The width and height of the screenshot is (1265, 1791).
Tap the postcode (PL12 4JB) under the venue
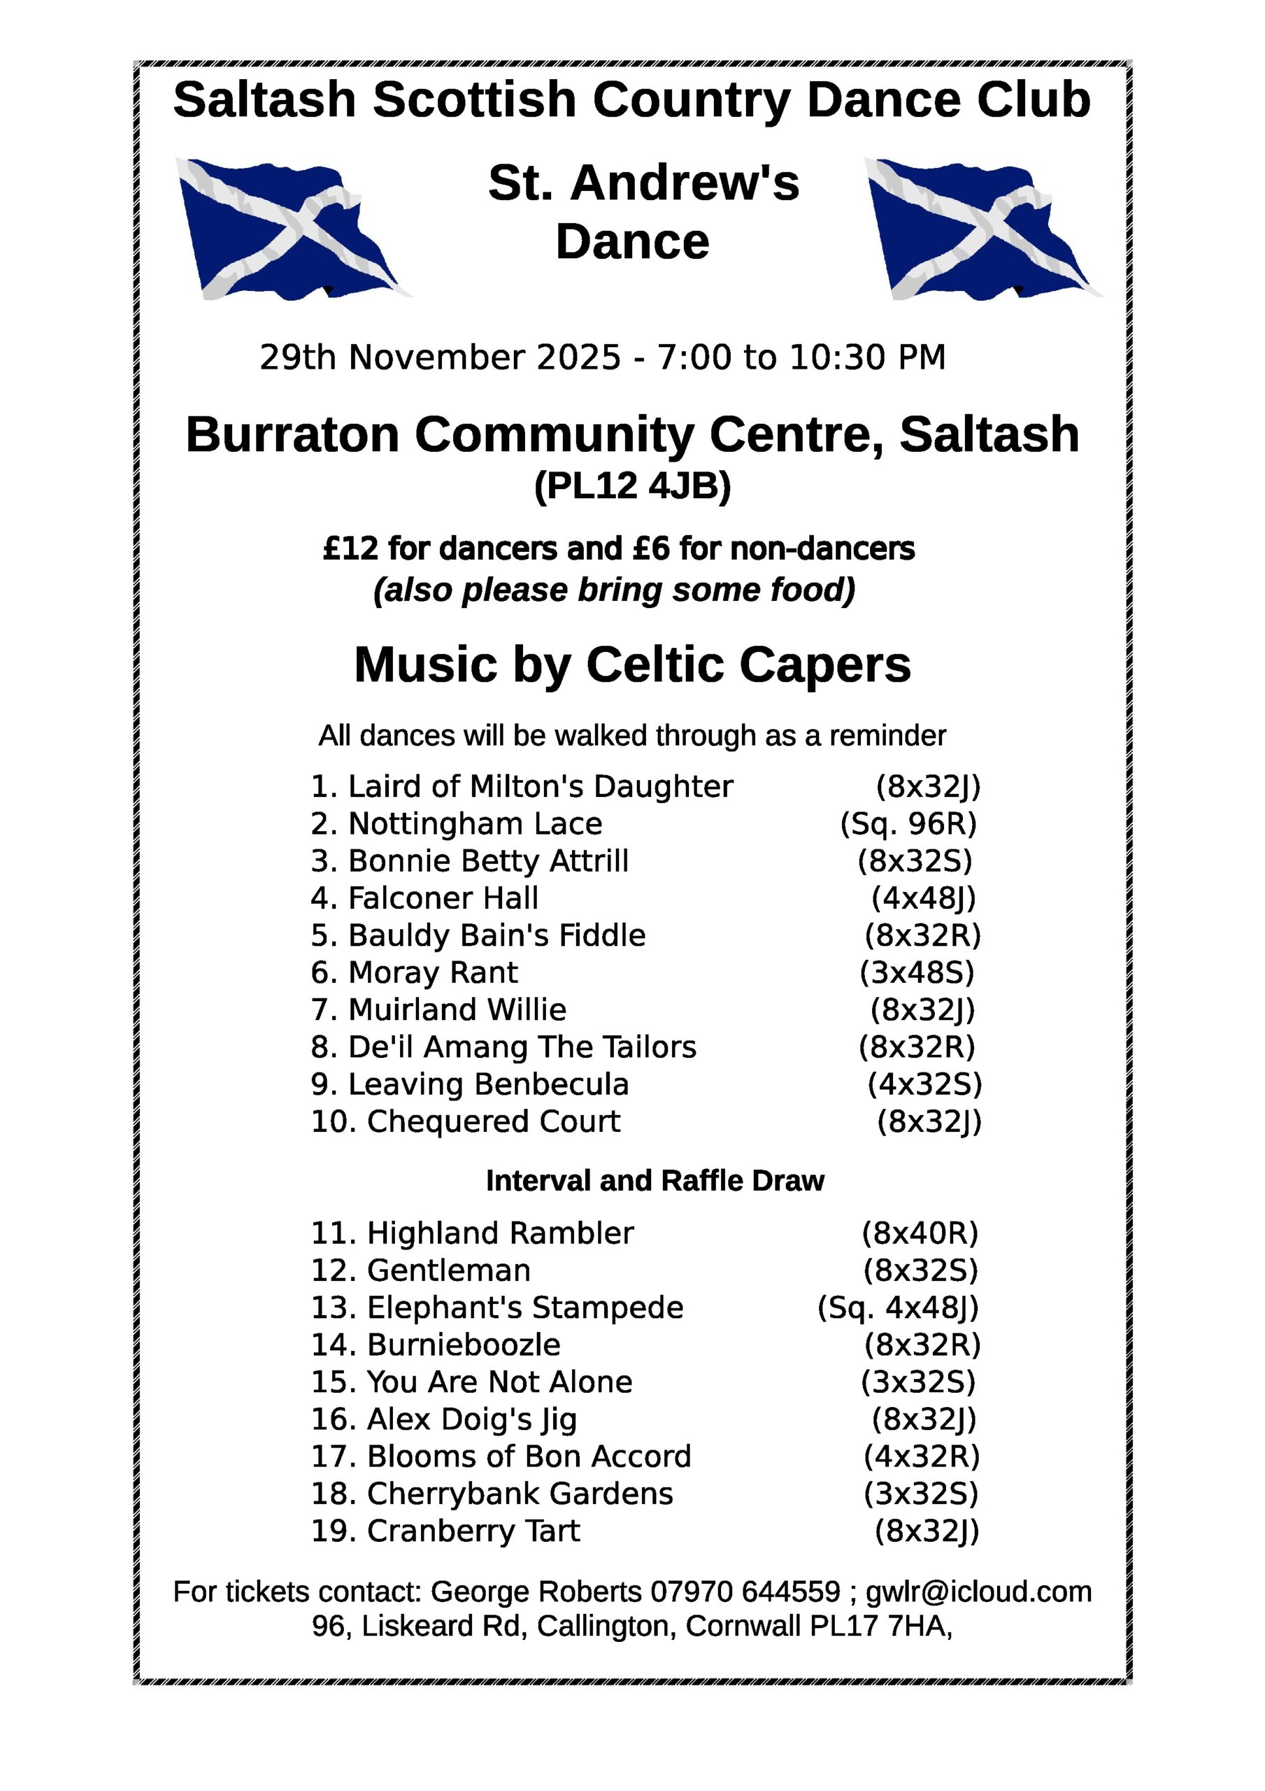tap(631, 487)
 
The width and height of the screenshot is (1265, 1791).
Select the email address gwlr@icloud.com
tap(979, 1592)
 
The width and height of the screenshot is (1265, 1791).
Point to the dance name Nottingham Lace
tap(475, 823)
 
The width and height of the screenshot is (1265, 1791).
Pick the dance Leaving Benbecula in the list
tap(488, 1084)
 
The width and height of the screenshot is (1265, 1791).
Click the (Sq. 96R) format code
tap(908, 823)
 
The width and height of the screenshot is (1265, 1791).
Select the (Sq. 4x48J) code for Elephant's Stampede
tap(898, 1308)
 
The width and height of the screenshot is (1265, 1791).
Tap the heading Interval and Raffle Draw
tap(655, 1181)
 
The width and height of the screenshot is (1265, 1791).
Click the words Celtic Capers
tap(748, 665)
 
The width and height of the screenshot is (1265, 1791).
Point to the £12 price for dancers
tap(350, 549)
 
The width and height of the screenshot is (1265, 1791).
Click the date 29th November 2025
tap(440, 358)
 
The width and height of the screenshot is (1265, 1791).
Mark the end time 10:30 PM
tap(867, 358)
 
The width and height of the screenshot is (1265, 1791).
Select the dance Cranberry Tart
tap(473, 1531)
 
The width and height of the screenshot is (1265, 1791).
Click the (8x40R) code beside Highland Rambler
tap(920, 1233)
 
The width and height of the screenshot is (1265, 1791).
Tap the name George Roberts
tap(536, 1592)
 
